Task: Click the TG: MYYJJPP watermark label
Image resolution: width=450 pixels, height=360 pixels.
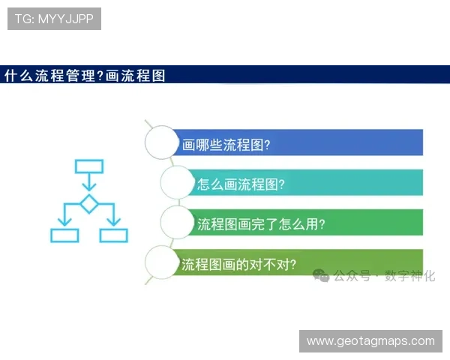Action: (x=54, y=18)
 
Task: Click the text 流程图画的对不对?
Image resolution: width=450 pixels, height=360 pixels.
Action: (x=239, y=264)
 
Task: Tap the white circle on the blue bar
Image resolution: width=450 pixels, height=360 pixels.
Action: (x=162, y=142)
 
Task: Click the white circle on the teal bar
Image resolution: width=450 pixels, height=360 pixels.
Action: (x=178, y=182)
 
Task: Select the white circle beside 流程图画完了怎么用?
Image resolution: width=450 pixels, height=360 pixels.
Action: (x=178, y=223)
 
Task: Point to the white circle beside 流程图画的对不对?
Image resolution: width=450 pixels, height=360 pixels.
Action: (x=162, y=263)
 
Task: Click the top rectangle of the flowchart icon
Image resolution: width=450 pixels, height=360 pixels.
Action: (x=89, y=166)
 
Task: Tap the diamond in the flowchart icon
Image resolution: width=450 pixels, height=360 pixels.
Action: (x=89, y=203)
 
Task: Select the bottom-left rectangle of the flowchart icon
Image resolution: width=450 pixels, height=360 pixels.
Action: (x=64, y=235)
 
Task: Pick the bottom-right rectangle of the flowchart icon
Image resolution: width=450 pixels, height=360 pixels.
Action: (x=114, y=235)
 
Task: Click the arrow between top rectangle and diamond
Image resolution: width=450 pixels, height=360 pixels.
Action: (x=89, y=184)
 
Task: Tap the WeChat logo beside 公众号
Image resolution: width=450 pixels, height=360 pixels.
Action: (x=322, y=276)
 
